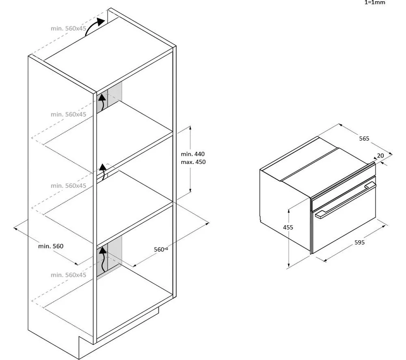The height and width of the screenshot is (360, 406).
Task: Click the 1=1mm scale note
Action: click(x=375, y=2)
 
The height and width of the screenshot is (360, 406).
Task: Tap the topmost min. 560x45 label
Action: click(x=68, y=28)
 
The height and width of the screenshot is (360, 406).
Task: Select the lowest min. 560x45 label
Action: click(x=68, y=275)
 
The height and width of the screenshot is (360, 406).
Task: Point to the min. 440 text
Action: click(x=192, y=154)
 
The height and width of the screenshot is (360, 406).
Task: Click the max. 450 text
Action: click(x=193, y=162)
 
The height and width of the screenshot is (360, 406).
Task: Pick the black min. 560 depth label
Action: click(x=51, y=246)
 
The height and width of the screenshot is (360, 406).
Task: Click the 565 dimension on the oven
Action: click(x=364, y=139)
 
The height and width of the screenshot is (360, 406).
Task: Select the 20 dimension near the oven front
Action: click(x=380, y=155)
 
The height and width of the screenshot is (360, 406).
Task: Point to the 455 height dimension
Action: click(x=288, y=228)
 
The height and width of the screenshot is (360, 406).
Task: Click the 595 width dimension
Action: click(x=359, y=242)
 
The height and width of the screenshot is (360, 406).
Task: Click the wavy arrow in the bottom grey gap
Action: click(x=103, y=259)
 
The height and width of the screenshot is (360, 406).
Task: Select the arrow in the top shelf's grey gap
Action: click(x=103, y=102)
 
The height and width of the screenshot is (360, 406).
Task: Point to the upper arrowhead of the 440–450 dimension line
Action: click(x=190, y=127)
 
